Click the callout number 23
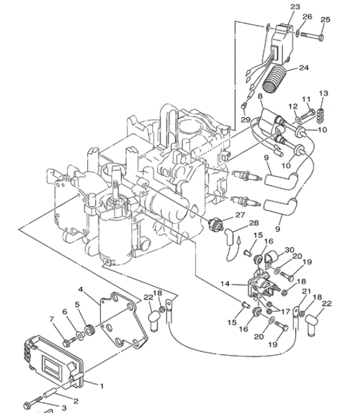click(x=295, y=7)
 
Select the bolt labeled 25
click(x=312, y=37)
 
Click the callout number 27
click(x=240, y=215)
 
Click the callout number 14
click(x=225, y=284)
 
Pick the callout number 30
click(x=289, y=250)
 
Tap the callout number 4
click(x=81, y=290)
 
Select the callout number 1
click(x=101, y=386)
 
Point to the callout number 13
click(x=323, y=93)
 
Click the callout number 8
click(x=260, y=96)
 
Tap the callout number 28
click(x=254, y=223)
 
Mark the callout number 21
click(x=306, y=291)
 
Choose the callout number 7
click(x=51, y=320)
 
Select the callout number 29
click(x=245, y=120)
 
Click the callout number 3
click(x=64, y=408)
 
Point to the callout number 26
click(x=307, y=16)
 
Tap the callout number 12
click(x=293, y=106)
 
